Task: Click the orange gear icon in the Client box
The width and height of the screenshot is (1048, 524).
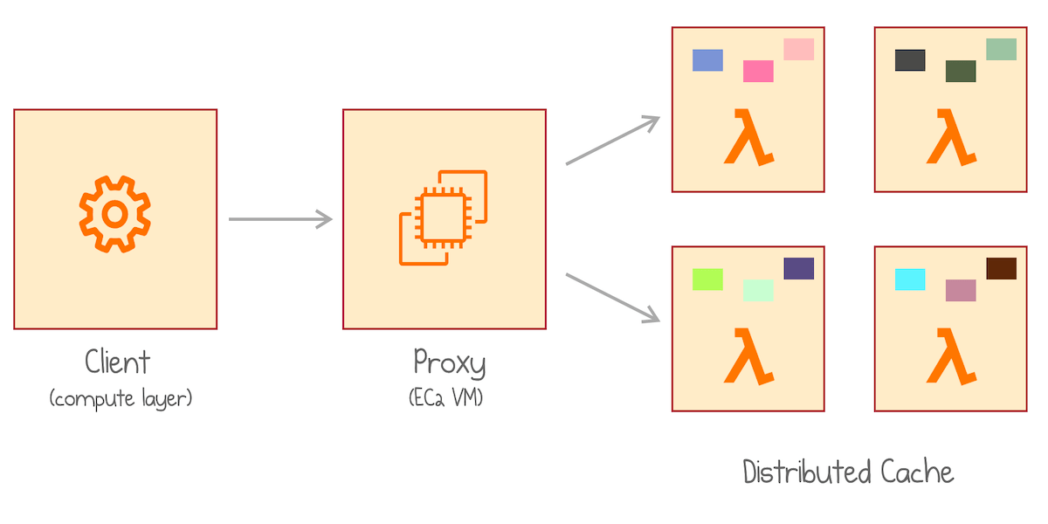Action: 114,213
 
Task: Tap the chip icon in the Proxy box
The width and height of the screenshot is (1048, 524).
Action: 444,217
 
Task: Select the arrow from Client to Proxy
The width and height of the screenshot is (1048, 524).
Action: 279,219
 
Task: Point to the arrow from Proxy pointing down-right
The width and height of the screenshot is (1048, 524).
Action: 612,298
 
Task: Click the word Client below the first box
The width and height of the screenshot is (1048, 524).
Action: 117,362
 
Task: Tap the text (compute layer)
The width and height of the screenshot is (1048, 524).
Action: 121,399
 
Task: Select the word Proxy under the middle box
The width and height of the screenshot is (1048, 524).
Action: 449,362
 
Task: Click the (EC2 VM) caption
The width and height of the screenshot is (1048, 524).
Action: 446,398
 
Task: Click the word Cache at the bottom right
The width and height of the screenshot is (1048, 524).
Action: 917,472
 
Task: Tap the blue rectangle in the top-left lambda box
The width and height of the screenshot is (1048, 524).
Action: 707,60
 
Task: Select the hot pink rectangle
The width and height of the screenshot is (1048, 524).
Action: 758,71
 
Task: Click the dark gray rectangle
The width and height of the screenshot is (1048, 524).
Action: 910,60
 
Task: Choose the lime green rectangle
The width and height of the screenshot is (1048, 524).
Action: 707,279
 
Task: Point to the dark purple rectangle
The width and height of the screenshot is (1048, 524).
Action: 798,268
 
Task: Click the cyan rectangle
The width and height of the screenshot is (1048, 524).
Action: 910,279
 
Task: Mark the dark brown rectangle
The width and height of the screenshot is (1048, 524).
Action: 1001,268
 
